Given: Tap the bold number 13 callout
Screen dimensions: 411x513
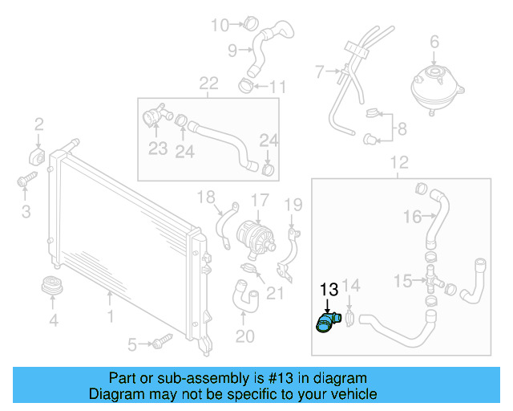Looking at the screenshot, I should (329, 291).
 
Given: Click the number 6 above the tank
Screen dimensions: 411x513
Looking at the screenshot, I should (434, 41).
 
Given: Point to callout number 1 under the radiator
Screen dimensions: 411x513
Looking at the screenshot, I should (110, 318).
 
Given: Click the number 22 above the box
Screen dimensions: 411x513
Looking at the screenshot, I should (208, 83).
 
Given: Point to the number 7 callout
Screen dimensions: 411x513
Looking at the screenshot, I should (318, 72).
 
